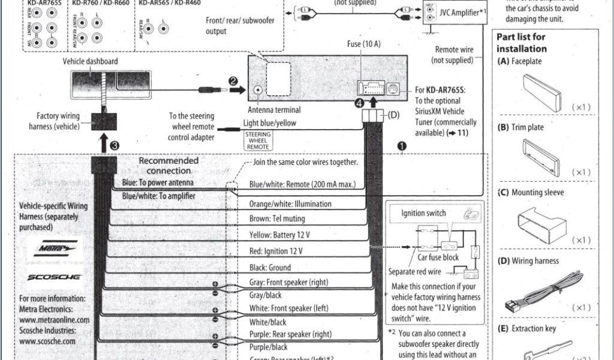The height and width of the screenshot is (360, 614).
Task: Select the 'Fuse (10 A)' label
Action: [363, 44]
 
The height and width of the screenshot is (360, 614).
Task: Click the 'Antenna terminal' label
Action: [274, 110]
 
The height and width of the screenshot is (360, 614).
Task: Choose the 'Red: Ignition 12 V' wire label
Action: [276, 251]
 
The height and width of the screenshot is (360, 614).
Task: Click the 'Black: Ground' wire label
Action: [270, 268]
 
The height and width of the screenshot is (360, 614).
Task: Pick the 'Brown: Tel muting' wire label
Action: [277, 219]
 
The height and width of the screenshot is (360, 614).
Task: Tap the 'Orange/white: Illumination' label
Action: [290, 204]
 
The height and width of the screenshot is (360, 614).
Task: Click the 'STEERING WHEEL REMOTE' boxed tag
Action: [258, 140]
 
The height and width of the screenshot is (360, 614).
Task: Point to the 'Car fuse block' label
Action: [438, 257]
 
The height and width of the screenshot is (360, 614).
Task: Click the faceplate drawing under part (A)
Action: [541, 92]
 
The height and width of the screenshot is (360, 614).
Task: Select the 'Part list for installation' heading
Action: [522, 43]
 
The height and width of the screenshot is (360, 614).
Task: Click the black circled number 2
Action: [233, 81]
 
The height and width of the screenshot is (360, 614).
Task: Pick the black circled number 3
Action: [115, 145]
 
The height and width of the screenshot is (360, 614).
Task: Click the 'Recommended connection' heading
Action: [168, 166]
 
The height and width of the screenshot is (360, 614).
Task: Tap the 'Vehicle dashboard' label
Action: [91, 61]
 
